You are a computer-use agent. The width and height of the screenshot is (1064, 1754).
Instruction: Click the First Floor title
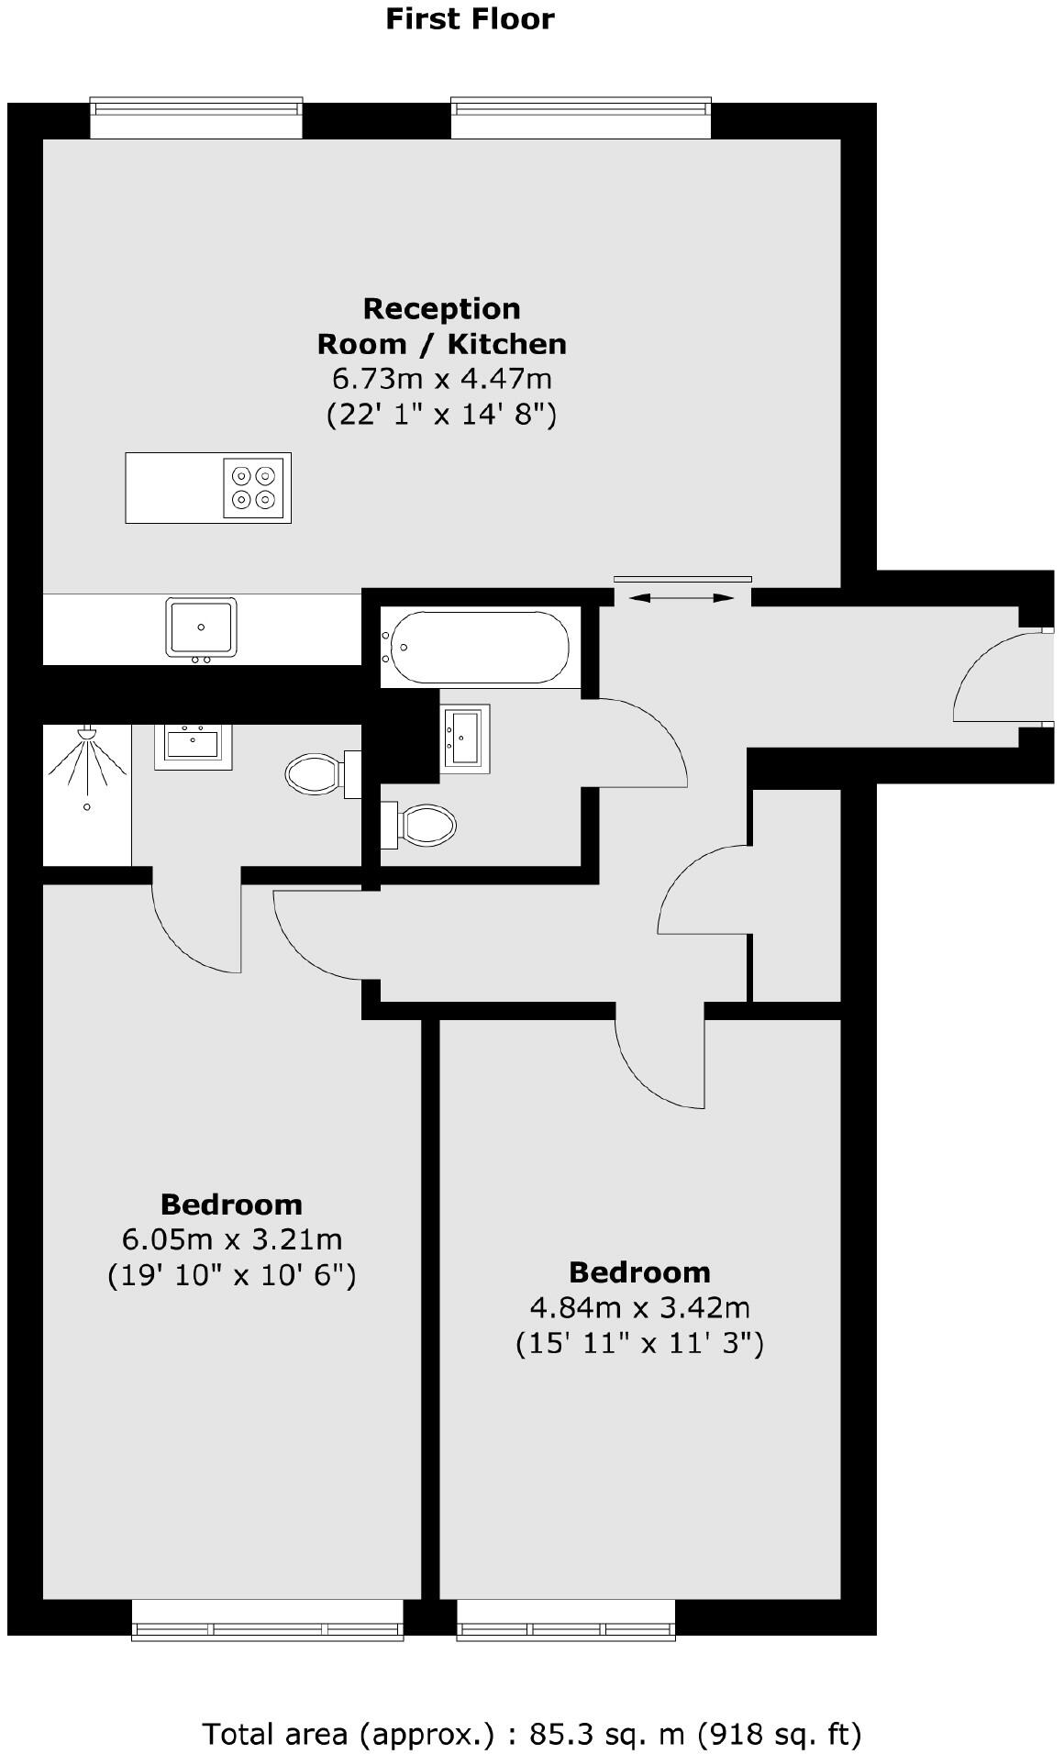[470, 19]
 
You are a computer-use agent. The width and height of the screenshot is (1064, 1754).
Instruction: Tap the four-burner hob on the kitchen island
[254, 487]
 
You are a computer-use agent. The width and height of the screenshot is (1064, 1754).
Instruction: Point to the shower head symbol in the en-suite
[87, 734]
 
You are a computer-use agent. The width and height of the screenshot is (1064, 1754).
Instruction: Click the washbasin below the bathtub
[465, 735]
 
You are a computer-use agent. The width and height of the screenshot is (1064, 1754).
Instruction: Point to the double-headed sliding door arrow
[682, 598]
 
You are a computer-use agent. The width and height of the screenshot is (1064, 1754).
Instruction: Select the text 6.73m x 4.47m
[441, 378]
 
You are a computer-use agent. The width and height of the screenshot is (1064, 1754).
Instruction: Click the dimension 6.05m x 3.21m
[232, 1239]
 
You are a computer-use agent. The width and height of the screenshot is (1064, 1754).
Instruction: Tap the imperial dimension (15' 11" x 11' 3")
[639, 1344]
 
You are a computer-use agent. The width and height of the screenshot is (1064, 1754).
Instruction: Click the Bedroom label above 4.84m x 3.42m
[639, 1272]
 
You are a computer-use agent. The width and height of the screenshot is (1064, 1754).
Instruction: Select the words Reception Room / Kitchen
[441, 326]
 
